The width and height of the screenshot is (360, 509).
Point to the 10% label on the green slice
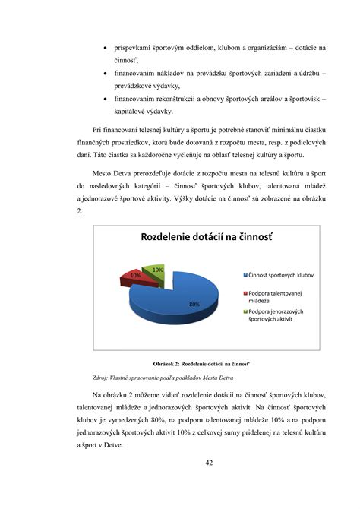pos(157,269)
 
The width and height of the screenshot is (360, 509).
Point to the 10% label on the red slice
pos(135,275)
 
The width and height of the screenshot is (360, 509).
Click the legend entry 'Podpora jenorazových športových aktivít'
pos(279,315)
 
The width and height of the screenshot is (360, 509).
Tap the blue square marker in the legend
pos(245,274)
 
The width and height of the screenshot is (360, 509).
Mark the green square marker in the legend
pos(245,311)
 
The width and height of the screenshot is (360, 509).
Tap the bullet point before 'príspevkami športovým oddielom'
pos(104,47)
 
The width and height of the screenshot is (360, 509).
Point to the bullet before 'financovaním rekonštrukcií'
pos(104,99)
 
